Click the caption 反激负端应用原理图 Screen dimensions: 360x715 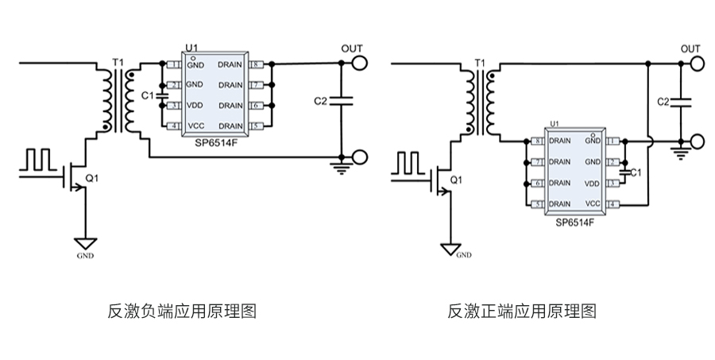point(182,311)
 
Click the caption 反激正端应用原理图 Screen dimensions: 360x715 point(522,311)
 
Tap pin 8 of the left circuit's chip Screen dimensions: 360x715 point(256,64)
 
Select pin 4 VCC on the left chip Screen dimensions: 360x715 point(173,126)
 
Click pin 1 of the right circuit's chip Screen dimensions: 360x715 point(613,141)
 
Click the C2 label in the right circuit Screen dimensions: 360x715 point(664,101)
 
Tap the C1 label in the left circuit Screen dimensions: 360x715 point(147,95)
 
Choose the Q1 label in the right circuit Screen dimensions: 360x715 point(456,180)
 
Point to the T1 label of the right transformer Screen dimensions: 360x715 point(479,62)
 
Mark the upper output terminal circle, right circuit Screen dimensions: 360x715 point(698,63)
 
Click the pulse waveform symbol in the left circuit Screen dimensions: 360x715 point(38,159)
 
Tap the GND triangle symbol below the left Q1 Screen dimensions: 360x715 point(85,244)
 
